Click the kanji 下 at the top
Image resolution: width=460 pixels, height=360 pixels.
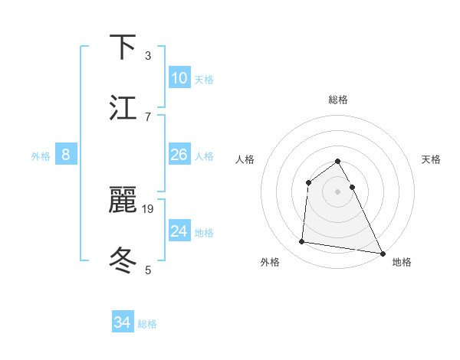pyautogui.click(x=123, y=47)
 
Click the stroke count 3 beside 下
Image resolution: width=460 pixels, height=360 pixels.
pyautogui.click(x=148, y=55)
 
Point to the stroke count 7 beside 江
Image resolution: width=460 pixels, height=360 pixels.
pyautogui.click(x=148, y=116)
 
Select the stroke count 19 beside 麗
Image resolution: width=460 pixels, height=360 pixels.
pyautogui.click(x=149, y=208)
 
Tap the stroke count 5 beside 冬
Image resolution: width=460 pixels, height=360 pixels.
pyautogui.click(x=148, y=270)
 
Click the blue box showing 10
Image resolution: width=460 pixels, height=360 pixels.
pyautogui.click(x=179, y=78)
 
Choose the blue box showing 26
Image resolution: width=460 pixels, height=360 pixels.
pyautogui.click(x=179, y=155)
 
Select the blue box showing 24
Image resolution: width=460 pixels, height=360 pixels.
pyautogui.click(x=179, y=231)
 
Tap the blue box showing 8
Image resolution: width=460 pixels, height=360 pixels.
pyautogui.click(x=66, y=155)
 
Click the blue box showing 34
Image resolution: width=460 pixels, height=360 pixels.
pyautogui.click(x=122, y=322)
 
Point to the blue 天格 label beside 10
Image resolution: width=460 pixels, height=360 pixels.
pyautogui.click(x=204, y=80)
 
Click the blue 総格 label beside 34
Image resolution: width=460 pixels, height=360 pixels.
pyautogui.click(x=147, y=324)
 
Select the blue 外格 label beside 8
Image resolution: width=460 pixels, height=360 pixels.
pyautogui.click(x=41, y=156)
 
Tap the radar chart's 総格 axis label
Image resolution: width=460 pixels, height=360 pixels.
pyautogui.click(x=338, y=100)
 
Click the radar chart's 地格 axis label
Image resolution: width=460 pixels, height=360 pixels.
pyautogui.click(x=402, y=262)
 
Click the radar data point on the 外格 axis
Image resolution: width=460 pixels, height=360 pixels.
pyautogui.click(x=301, y=242)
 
